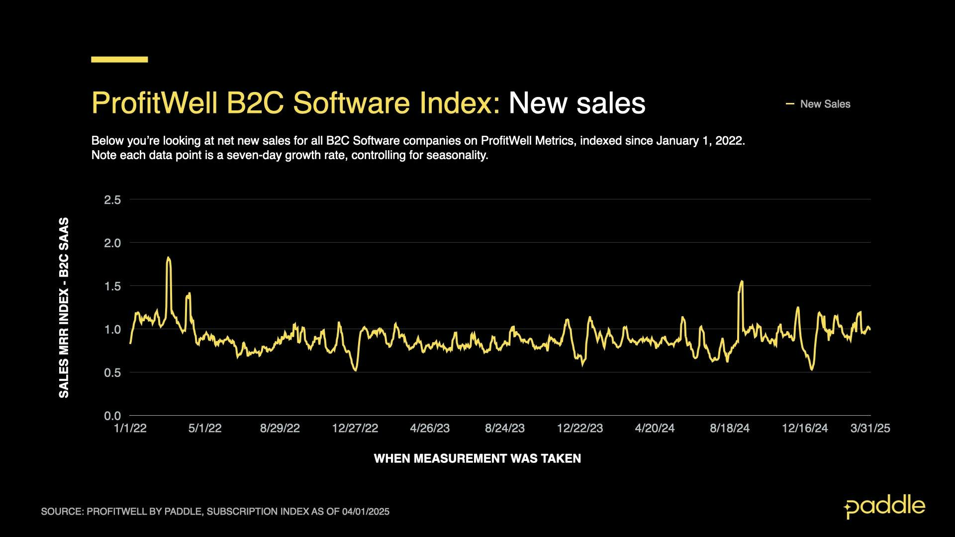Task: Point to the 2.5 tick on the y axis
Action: tap(112, 200)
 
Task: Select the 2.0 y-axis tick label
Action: tap(112, 243)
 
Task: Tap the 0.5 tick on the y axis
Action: tap(112, 372)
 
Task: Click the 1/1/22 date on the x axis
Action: tap(130, 428)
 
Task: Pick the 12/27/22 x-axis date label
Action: tap(355, 428)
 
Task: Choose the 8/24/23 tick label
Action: tap(505, 428)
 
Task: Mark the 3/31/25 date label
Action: tap(870, 428)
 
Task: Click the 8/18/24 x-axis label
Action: tap(730, 428)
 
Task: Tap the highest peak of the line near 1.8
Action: tap(169, 258)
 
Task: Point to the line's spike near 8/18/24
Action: tap(742, 282)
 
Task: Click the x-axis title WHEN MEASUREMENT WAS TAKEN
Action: tap(477, 458)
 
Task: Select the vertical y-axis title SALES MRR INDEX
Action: tap(64, 307)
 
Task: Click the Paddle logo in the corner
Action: tap(884, 507)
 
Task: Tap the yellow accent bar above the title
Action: tap(119, 59)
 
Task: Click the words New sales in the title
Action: tap(577, 103)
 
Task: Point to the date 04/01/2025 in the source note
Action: tap(366, 512)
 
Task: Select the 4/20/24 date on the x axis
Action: tap(655, 428)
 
